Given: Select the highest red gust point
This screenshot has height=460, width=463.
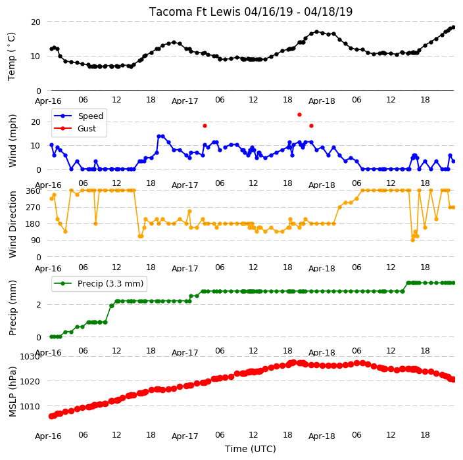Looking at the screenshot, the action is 299,115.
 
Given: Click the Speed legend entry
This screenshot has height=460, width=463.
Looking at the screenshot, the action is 78,116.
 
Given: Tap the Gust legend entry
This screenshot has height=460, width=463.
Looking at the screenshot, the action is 75,129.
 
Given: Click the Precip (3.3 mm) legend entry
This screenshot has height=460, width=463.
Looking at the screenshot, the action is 99,283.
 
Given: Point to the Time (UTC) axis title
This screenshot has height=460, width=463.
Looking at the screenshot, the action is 251,449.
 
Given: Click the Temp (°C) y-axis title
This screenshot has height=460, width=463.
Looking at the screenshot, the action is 12,57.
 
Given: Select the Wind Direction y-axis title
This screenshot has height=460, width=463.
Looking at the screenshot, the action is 12,225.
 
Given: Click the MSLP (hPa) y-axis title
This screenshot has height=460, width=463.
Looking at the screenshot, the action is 12,392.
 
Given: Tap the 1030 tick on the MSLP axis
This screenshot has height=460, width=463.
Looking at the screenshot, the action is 30,357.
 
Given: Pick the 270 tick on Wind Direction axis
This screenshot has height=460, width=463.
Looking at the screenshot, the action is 33,208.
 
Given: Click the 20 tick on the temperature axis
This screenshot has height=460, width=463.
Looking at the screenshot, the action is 36,22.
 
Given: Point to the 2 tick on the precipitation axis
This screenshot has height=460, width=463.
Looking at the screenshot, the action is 38,305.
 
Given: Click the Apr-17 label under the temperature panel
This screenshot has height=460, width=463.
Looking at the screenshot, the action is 185,101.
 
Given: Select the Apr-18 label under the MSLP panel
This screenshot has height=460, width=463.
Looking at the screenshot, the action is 322,436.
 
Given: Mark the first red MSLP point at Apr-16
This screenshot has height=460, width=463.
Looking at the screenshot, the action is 51,416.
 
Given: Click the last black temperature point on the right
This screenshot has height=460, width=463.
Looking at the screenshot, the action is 454,27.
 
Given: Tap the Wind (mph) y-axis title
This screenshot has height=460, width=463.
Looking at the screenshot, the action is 12,141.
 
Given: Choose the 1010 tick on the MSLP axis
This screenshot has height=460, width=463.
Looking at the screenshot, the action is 30,407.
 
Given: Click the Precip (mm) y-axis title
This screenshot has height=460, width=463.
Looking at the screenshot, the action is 12,308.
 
